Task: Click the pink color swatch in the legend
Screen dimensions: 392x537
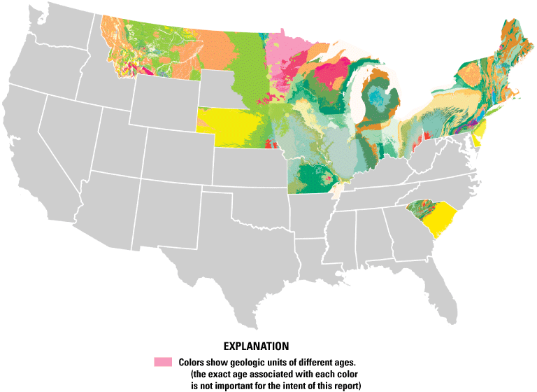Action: click(162, 362)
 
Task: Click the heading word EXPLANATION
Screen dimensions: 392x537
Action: click(256, 346)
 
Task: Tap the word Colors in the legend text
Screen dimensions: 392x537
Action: click(192, 363)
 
